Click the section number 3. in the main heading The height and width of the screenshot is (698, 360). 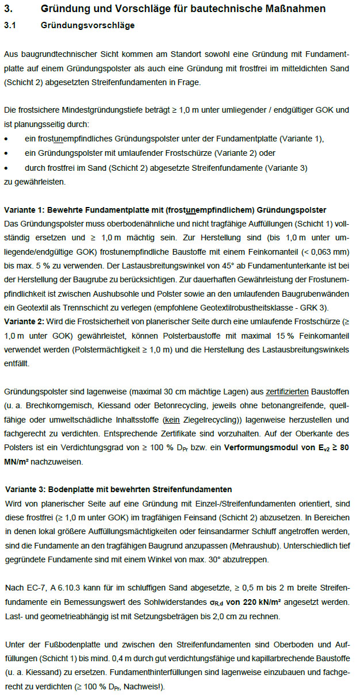[9, 9]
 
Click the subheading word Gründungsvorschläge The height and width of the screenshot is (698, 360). [88, 26]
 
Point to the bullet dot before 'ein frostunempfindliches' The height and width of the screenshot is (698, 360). [6, 139]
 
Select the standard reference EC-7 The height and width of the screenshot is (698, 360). [30, 588]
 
